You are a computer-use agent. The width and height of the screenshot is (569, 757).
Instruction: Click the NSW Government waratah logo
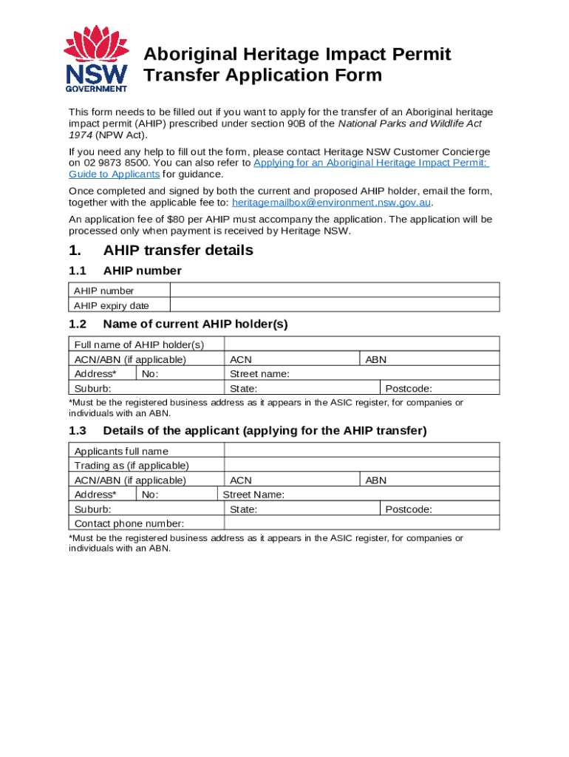pos(96,59)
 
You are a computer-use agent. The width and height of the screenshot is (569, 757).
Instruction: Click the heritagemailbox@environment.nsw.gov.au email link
pos(331,203)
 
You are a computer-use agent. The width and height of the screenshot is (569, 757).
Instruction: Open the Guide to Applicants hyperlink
pos(114,174)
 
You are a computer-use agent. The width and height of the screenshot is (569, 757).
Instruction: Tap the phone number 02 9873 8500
pos(115,163)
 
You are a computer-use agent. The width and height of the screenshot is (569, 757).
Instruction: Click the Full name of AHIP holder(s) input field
pos(361,344)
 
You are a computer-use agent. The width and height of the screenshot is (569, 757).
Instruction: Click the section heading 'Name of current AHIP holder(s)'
pos(195,324)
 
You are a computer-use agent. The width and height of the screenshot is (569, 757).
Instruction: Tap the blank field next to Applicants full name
pos(361,451)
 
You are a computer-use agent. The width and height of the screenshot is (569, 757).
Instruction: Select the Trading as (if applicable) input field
pos(361,465)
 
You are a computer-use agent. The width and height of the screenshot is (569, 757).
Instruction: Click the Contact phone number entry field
pos(361,523)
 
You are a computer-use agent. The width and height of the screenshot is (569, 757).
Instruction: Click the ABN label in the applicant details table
pos(376,481)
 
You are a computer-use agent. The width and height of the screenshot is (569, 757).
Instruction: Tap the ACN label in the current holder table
pos(241,360)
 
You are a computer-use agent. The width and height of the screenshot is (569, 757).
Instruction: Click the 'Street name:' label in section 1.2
pos(259,374)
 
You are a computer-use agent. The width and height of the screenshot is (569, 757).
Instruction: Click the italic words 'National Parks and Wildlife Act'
pos(409,123)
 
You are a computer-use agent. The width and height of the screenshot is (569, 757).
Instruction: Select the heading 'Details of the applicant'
pos(265,431)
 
